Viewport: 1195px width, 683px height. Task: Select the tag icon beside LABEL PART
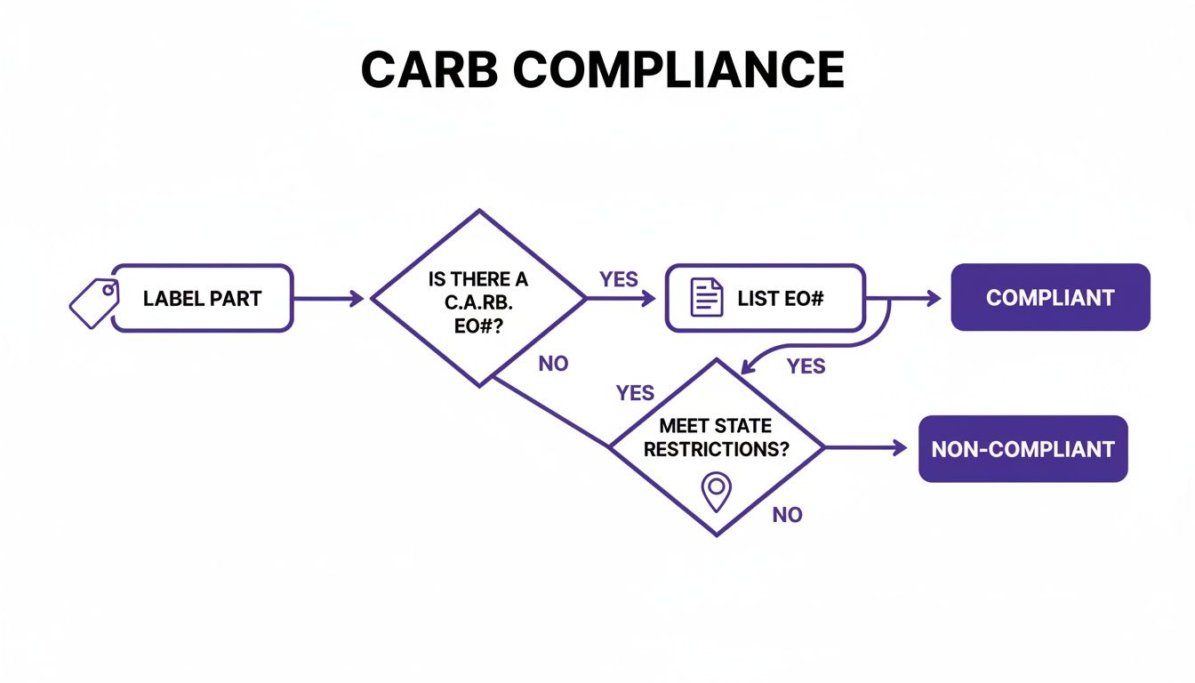pos(94,299)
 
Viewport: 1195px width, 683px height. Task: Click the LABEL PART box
pos(203,299)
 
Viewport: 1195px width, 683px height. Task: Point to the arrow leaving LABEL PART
pos(329,299)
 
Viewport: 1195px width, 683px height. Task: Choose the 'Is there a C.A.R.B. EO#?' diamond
pos(478,298)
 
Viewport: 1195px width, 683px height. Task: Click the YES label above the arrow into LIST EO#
pos(619,279)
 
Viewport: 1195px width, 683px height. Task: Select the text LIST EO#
pos(781,299)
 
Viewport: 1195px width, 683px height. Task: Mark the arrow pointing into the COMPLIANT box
pos(916,299)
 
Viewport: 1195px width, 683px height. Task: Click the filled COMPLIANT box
pos(1050,298)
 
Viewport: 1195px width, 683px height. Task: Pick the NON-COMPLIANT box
pos(1023,449)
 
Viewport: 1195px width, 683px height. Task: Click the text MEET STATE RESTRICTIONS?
pos(716,438)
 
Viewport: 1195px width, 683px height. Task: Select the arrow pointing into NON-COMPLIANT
pos(867,448)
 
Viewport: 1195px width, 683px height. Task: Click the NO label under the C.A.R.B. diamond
pos(553,364)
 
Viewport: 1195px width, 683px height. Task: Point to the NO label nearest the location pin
pos(787,515)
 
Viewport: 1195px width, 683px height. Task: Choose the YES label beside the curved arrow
pos(806,366)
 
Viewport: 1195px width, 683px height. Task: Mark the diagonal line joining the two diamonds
pos(551,414)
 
